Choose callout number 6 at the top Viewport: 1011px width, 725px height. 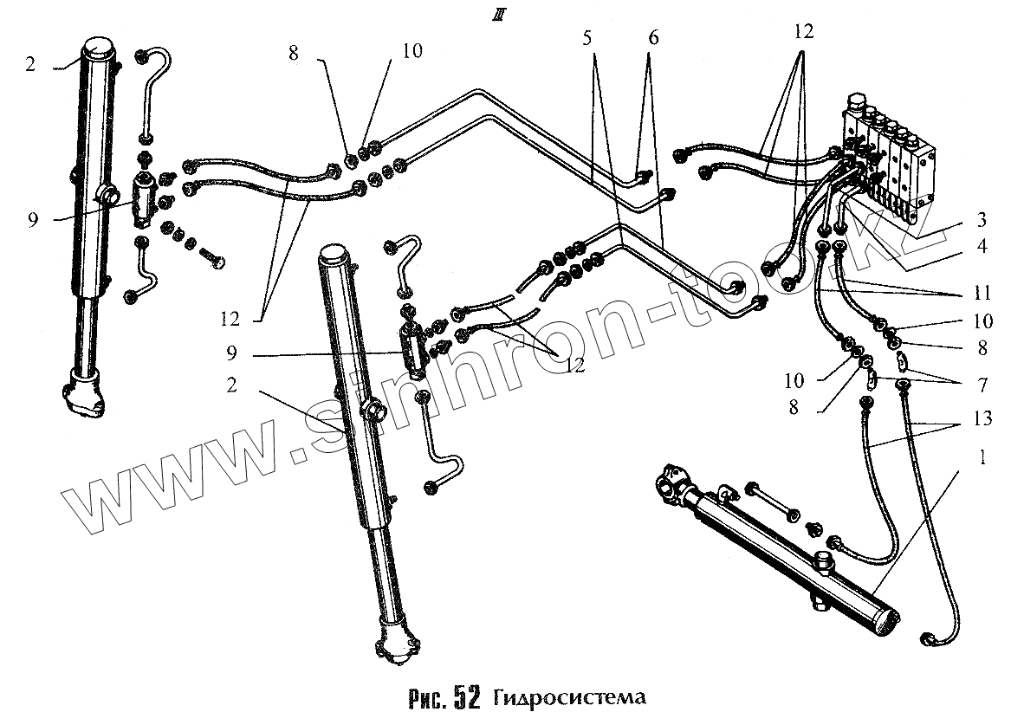652,38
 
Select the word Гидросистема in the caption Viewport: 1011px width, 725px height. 571,698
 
